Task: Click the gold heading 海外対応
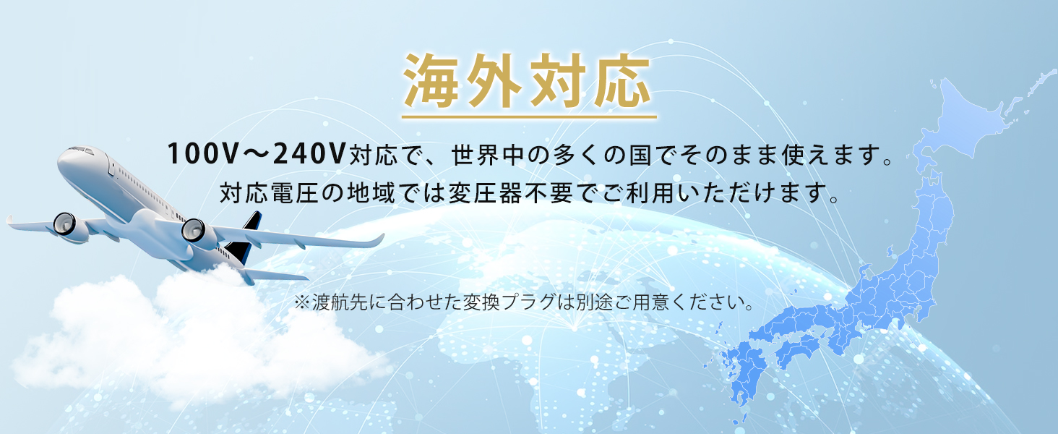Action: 528,81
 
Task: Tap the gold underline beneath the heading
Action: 528,116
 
